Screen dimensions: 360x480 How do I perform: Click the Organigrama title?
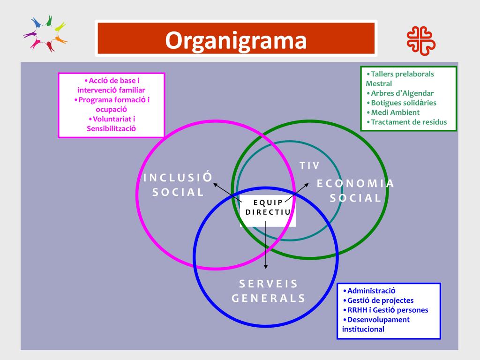point(236,40)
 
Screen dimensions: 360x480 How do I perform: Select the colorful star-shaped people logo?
point(45,34)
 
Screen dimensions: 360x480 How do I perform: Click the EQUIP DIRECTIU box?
point(268,207)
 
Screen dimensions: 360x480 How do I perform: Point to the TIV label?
point(309,165)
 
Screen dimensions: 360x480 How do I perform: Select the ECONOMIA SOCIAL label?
point(356,190)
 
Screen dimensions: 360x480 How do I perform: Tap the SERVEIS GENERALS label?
point(269,291)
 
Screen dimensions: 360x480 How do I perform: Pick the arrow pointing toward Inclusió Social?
point(222,189)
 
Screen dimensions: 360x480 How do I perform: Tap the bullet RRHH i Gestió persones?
point(385,310)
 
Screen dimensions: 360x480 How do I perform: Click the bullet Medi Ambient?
point(393,112)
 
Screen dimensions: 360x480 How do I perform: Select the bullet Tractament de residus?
point(406,122)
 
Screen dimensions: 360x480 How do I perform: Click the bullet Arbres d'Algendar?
point(400,93)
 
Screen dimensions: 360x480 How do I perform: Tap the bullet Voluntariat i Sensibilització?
point(111,123)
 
